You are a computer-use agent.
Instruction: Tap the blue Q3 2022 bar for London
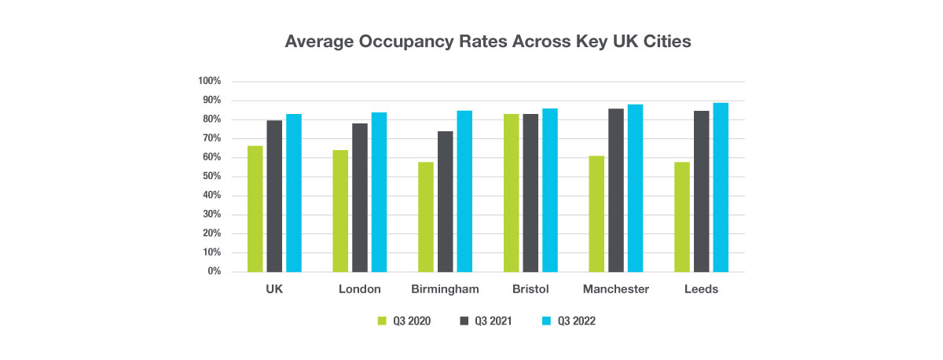(x=379, y=192)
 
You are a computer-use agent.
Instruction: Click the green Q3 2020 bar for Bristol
(x=511, y=193)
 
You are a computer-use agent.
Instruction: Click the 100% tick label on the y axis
(x=211, y=82)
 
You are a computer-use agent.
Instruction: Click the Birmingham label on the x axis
(x=445, y=289)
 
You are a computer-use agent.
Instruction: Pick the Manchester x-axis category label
(x=616, y=289)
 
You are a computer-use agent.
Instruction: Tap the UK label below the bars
(x=273, y=289)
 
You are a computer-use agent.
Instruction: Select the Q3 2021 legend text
(x=492, y=321)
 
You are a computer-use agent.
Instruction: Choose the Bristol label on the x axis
(x=530, y=289)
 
